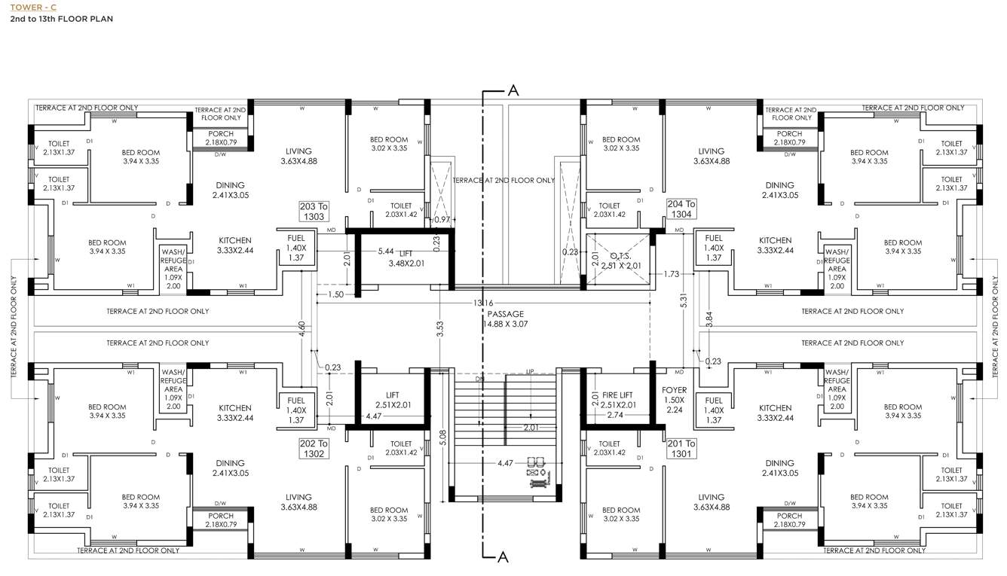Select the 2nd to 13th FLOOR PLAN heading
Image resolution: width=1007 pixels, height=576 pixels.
tap(62, 19)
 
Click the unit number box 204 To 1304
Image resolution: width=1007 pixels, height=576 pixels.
tap(681, 209)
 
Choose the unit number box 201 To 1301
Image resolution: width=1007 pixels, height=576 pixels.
tap(681, 449)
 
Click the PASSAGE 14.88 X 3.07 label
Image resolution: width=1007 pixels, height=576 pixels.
tap(504, 318)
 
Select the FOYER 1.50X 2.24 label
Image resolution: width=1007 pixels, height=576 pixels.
tap(674, 400)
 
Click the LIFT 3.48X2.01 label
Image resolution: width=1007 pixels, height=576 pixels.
tap(407, 259)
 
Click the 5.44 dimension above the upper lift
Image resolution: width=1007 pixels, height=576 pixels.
tap(385, 251)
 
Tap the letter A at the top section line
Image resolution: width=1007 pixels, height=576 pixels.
tap(513, 90)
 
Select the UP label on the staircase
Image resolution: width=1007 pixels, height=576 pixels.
tap(530, 372)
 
